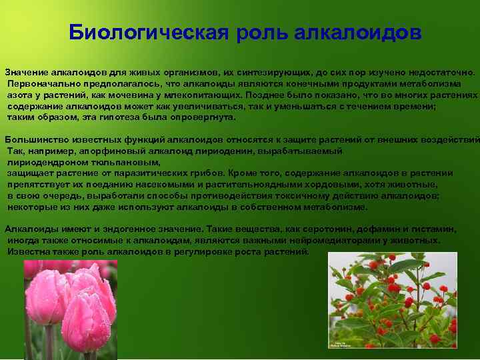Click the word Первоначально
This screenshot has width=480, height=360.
click(41, 83)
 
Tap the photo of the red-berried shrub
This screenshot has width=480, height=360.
click(393, 300)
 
